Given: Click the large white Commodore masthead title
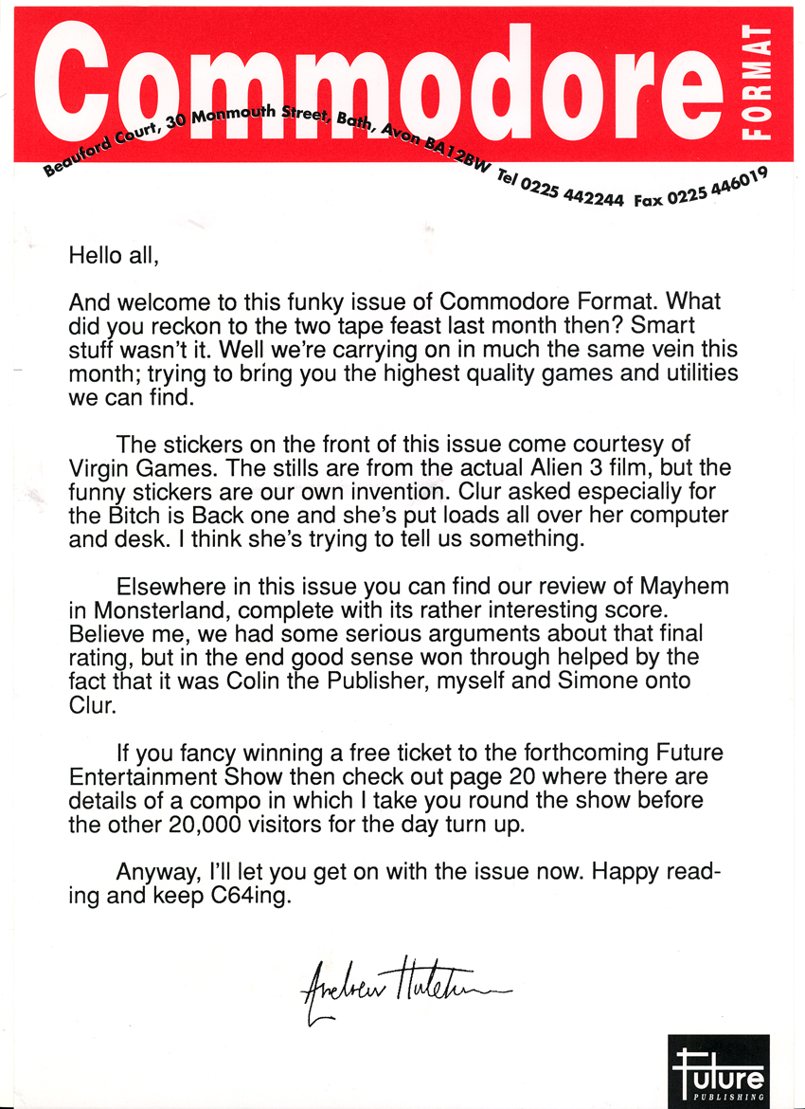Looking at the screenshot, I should pyautogui.click(x=379, y=81).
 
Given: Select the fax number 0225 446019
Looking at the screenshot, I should pyautogui.click(x=715, y=190).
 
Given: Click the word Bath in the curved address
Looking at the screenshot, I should pyautogui.click(x=355, y=124).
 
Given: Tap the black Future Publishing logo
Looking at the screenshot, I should pyautogui.click(x=718, y=1068).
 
